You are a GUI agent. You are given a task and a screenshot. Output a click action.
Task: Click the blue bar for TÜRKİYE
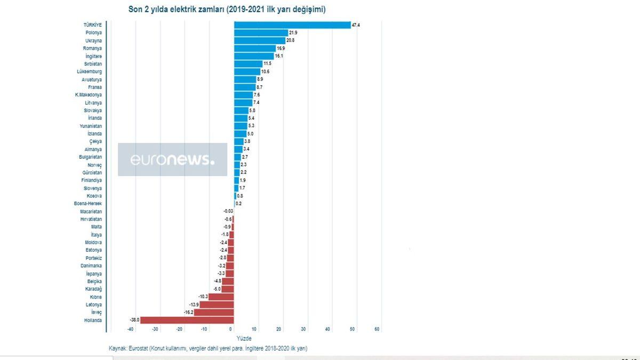coord(292,25)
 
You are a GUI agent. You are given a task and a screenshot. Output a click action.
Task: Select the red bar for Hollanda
coord(187,320)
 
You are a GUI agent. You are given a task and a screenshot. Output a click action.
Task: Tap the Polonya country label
coord(94,33)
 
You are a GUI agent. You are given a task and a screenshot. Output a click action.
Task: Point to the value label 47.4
coord(356,25)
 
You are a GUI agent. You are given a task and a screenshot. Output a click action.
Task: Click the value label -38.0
coord(134,320)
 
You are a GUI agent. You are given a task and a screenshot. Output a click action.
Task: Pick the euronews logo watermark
coord(172,159)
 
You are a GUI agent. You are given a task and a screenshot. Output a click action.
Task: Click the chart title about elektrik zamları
coord(227,10)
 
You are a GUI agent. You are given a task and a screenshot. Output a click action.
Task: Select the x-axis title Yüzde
coord(243,339)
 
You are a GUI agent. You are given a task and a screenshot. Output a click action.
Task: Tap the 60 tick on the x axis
coord(377,329)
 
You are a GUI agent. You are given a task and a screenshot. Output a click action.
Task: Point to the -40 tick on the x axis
coord(130,329)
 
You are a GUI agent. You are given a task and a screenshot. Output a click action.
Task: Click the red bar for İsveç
coord(214,313)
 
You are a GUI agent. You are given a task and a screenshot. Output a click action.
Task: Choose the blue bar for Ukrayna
coord(260,41)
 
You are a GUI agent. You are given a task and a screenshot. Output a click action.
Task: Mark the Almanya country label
coord(93,149)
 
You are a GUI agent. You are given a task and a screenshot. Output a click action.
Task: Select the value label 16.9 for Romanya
coord(281,49)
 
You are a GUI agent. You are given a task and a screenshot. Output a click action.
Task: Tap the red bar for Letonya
coord(217,305)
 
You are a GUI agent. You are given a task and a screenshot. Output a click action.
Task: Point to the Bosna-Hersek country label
coord(88,204)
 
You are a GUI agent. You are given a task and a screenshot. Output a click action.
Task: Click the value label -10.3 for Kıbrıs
coord(203,297)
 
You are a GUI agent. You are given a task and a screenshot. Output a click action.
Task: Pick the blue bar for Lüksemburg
coord(247,71)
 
